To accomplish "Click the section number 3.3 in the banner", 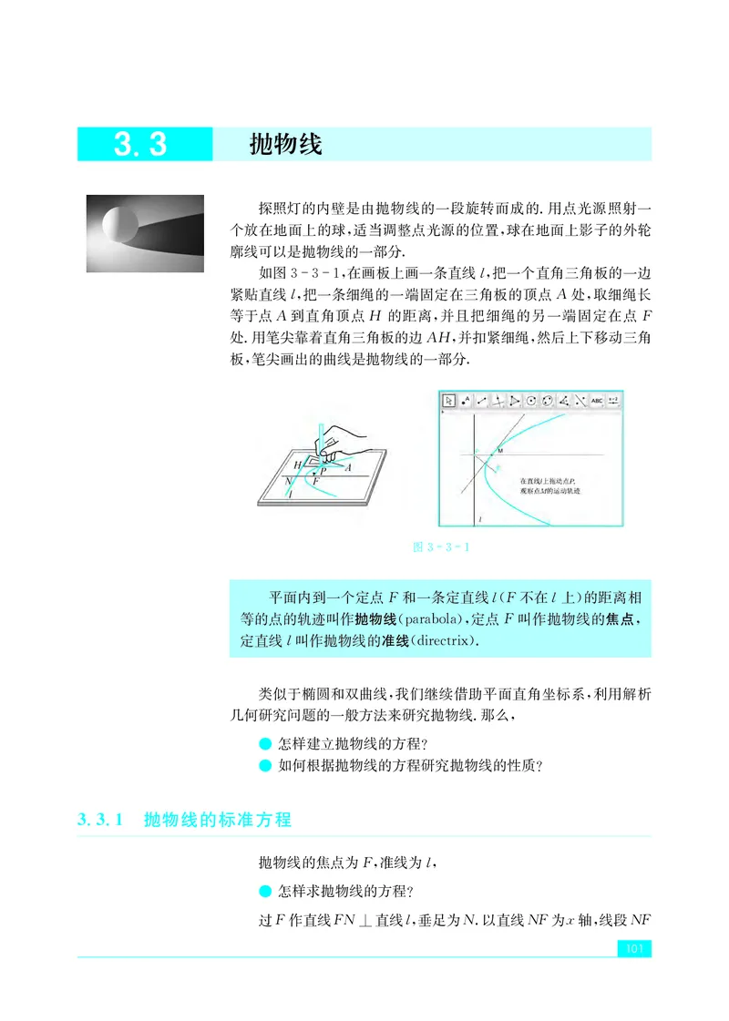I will click(140, 145).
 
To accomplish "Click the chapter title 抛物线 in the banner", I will click(286, 145).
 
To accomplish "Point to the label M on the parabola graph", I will click(500, 451).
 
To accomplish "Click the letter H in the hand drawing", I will click(297, 465).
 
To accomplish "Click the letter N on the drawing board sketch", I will click(288, 480).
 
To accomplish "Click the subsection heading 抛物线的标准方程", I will click(218, 820).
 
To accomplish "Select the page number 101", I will click(633, 950).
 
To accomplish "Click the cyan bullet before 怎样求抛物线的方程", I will click(265, 890).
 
